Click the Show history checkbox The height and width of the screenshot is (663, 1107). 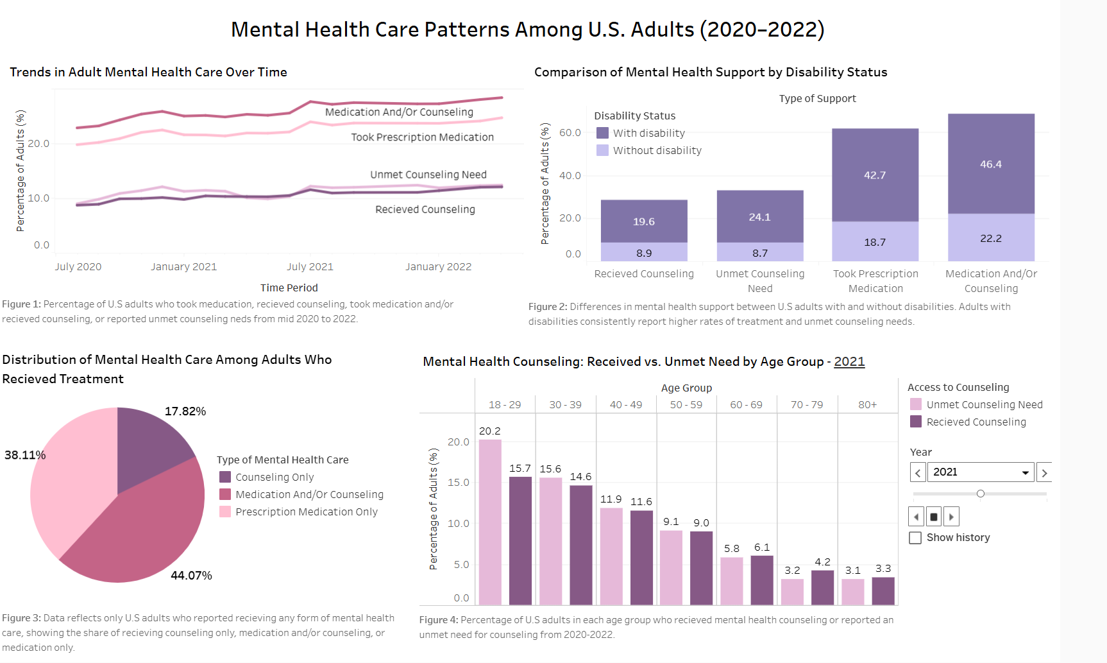click(x=915, y=538)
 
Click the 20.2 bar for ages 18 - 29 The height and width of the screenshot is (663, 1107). click(x=490, y=521)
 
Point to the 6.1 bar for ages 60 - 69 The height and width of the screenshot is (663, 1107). click(x=762, y=580)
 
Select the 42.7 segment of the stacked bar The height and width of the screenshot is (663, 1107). click(x=875, y=175)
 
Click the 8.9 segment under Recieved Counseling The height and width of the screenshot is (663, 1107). click(x=644, y=252)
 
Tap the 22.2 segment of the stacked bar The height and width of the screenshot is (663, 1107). click(x=991, y=237)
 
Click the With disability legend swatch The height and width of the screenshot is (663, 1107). click(x=602, y=133)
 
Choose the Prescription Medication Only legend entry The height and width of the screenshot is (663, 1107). click(x=306, y=512)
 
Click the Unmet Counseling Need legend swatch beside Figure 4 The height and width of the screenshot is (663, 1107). click(x=916, y=404)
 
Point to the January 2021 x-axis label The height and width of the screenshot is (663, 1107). click(x=183, y=267)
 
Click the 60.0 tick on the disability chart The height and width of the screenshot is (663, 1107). click(x=570, y=133)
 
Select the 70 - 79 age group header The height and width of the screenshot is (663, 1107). click(x=807, y=404)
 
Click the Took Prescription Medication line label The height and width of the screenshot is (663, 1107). click(x=422, y=137)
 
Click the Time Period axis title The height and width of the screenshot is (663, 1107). click(x=289, y=288)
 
